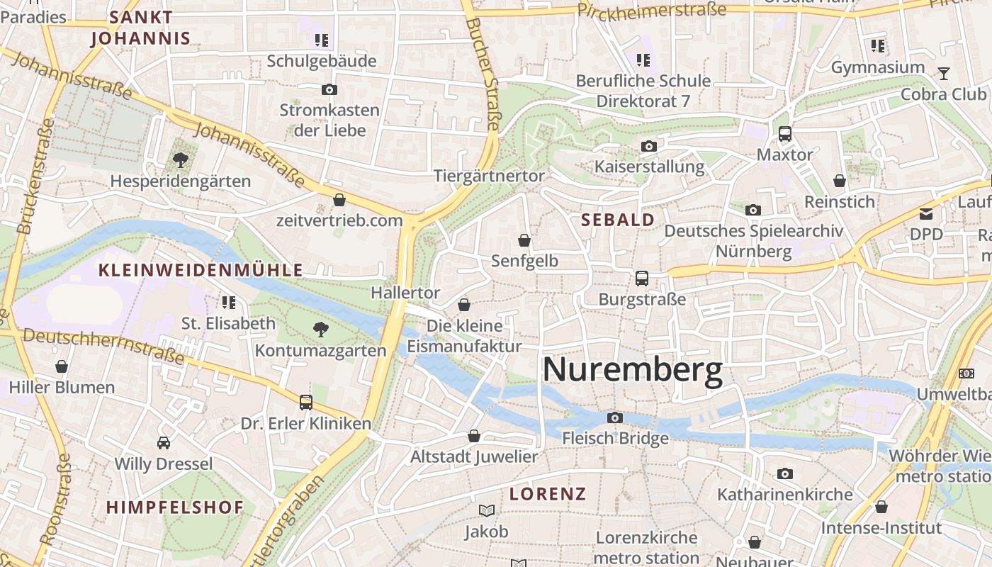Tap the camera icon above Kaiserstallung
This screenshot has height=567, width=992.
tap(648, 147)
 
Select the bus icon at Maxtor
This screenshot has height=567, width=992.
tap(784, 134)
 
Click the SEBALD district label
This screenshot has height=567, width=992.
tap(618, 220)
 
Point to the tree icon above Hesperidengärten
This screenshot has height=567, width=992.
tap(181, 160)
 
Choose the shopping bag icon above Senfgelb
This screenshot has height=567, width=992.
tap(524, 240)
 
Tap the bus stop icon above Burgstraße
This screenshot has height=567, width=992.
tap(642, 279)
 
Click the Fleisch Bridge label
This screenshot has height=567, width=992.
tap(615, 438)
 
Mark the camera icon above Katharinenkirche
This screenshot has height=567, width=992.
tap(784, 473)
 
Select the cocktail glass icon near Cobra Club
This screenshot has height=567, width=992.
tap(944, 73)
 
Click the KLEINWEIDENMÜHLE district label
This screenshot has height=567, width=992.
tap(201, 270)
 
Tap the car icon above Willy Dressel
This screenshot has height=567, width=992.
tap(164, 443)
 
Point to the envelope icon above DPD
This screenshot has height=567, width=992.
tap(926, 213)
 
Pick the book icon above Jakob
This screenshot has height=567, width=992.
tap(487, 510)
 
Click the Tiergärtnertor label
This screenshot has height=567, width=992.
tap(489, 176)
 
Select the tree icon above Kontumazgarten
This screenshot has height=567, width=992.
tap(321, 329)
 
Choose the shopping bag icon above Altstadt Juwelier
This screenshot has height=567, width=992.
tap(474, 436)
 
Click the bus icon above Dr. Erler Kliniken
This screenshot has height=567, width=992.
tap(306, 403)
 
